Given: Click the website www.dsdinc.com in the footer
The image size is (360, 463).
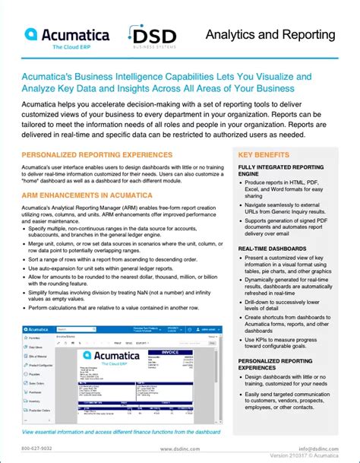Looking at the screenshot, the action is tap(179, 449).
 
